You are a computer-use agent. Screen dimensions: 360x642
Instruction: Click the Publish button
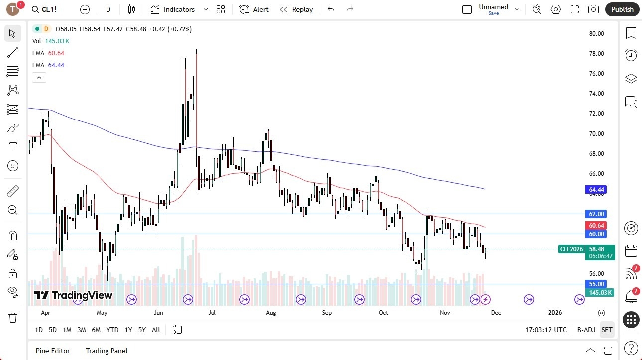tap(622, 9)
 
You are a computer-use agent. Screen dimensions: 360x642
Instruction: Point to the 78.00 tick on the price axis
tap(596, 54)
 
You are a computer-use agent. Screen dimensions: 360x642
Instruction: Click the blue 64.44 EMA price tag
tap(596, 190)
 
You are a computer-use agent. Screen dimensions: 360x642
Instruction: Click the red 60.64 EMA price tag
tap(596, 226)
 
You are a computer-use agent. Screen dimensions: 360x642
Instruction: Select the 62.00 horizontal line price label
tap(596, 214)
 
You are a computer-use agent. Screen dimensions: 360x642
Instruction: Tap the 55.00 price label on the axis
tap(596, 284)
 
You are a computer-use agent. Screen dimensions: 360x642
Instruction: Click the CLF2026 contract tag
tap(571, 249)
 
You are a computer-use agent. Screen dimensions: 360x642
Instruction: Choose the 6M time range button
tap(96, 330)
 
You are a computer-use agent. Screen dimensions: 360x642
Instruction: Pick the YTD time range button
tap(112, 330)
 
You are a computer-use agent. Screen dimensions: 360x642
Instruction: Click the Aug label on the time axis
tap(271, 313)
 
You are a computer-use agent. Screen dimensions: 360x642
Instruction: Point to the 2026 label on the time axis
tap(555, 313)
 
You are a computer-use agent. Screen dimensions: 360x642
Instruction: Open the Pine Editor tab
tap(53, 351)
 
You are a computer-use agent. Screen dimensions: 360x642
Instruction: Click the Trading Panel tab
tap(107, 351)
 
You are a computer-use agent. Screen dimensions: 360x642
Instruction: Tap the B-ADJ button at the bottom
tap(586, 330)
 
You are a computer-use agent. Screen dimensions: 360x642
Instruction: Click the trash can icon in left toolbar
tap(13, 318)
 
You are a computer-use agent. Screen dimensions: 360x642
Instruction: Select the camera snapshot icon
tap(593, 9)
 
